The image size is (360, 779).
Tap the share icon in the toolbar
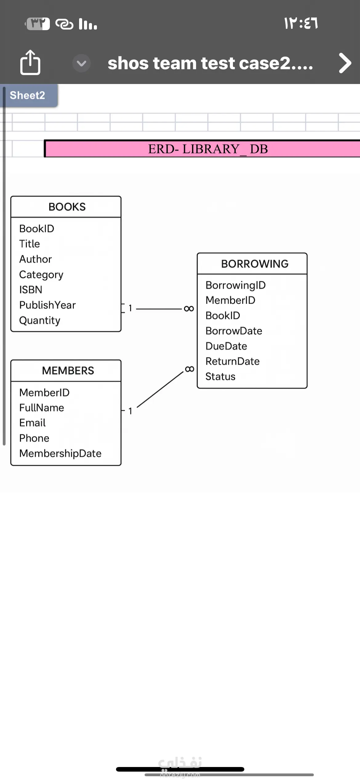coord(30,62)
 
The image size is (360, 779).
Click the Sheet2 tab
coord(27,95)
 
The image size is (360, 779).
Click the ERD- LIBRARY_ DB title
coord(208,149)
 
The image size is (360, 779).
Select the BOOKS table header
coord(67,207)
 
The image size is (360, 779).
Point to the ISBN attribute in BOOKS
coord(31,290)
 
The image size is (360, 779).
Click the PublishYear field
coord(47,305)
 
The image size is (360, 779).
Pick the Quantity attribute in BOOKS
coord(40,320)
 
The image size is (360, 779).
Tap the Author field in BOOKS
coord(35,259)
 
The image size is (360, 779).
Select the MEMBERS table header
coord(68,371)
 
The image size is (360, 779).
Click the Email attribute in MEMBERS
coord(32,423)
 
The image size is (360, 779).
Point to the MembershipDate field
coord(60,453)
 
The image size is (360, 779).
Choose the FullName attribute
coord(42,408)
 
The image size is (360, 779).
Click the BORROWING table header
coord(255,264)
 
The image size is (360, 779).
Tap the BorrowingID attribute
coord(235,285)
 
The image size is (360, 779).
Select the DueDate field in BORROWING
coord(226,346)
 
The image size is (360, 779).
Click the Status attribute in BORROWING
coord(220,377)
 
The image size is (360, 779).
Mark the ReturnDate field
coord(232,361)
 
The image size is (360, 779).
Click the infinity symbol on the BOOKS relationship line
coord(189,309)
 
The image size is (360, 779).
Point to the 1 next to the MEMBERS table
coord(130,411)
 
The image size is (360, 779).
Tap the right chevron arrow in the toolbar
coord(345,63)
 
